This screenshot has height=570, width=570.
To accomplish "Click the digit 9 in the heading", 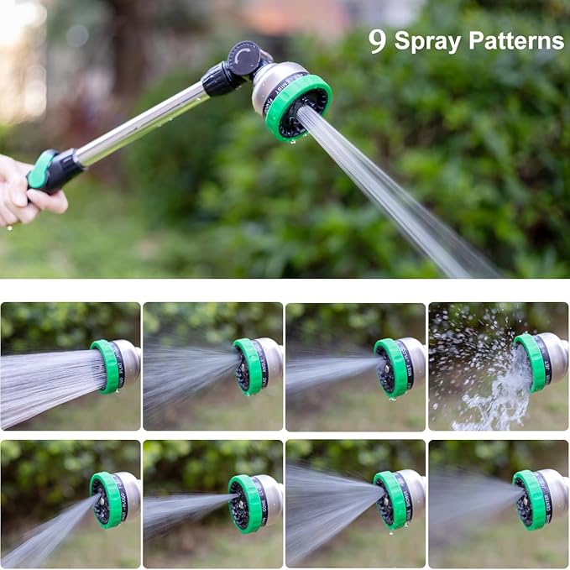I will click(x=377, y=41).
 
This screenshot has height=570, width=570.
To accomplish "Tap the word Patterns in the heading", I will click(x=516, y=40).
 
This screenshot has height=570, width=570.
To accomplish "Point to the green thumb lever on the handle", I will click(x=39, y=169).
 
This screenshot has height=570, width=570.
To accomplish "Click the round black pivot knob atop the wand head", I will click(x=244, y=57).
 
